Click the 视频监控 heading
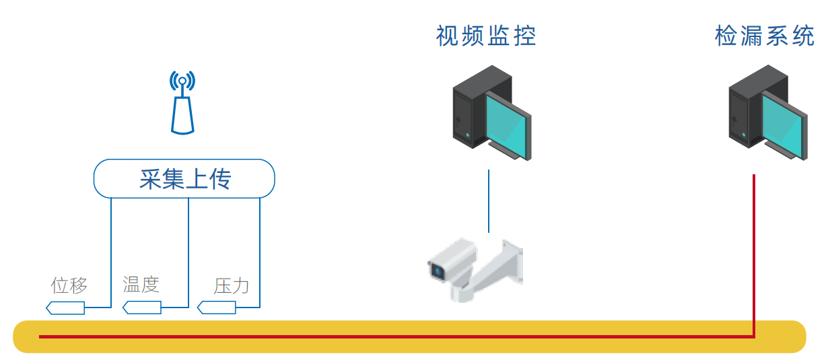point(486,36)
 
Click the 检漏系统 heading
point(764,36)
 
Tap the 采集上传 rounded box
point(184,179)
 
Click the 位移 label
point(69,285)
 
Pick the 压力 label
point(232,286)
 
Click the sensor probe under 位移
point(66,308)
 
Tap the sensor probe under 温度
point(142,308)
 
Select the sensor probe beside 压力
point(217,308)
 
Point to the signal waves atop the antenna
point(182,81)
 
